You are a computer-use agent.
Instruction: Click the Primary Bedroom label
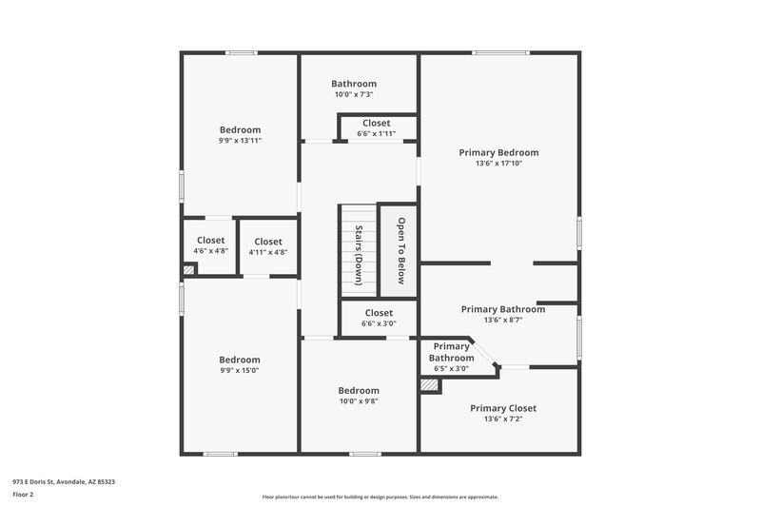point(498,152)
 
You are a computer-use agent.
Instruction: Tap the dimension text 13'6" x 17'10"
point(498,164)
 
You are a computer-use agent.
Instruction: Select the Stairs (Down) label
point(359,255)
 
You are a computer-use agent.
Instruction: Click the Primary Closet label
point(502,408)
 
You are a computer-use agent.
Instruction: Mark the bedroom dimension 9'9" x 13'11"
point(240,141)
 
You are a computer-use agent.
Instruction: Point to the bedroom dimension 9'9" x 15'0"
point(240,370)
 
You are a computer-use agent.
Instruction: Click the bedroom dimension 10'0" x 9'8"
point(359,401)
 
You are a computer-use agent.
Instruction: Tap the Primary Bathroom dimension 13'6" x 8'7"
point(502,321)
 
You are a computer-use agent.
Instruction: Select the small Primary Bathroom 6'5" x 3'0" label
point(451,368)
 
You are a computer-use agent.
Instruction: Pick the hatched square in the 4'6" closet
point(189,270)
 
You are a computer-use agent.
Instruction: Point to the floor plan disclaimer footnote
point(380,497)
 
